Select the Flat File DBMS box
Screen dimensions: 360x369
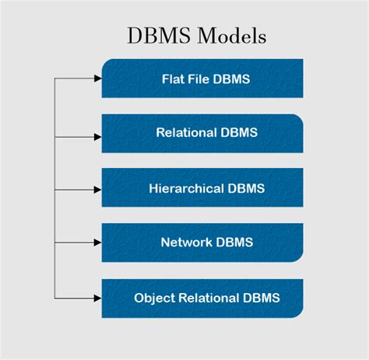pyautogui.click(x=202, y=79)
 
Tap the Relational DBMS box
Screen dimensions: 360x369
pyautogui.click(x=202, y=133)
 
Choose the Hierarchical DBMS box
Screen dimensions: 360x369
pyautogui.click(x=202, y=188)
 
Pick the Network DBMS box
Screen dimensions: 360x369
pyautogui.click(x=202, y=242)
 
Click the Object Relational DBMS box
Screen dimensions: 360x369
pyautogui.click(x=202, y=297)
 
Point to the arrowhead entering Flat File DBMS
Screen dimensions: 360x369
pyautogui.click(x=97, y=79)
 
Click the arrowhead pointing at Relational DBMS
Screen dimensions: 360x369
pyautogui.click(x=97, y=136)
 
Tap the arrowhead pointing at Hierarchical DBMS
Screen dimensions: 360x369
pyautogui.click(x=97, y=190)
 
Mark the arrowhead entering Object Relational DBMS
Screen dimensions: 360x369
pyautogui.click(x=97, y=297)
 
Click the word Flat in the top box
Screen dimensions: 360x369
pyautogui.click(x=173, y=79)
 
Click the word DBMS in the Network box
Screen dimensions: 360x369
pyautogui.click(x=235, y=242)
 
